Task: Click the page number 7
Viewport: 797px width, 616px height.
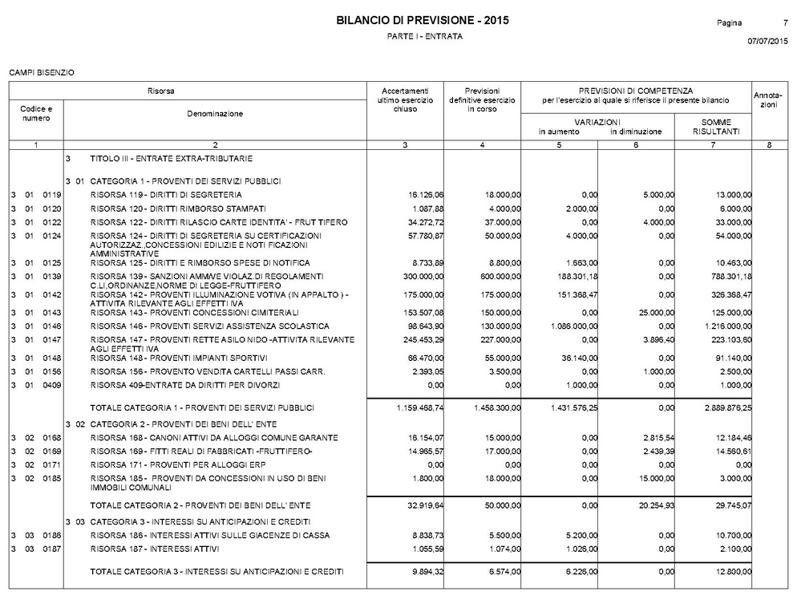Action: click(784, 22)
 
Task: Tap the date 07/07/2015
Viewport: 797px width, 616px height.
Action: click(767, 40)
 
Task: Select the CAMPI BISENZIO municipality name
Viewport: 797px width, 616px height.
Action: click(42, 73)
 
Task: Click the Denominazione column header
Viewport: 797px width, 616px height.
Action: click(215, 114)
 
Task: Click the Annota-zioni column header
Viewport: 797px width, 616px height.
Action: click(767, 100)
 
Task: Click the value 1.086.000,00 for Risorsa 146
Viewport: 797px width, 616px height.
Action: click(571, 326)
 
